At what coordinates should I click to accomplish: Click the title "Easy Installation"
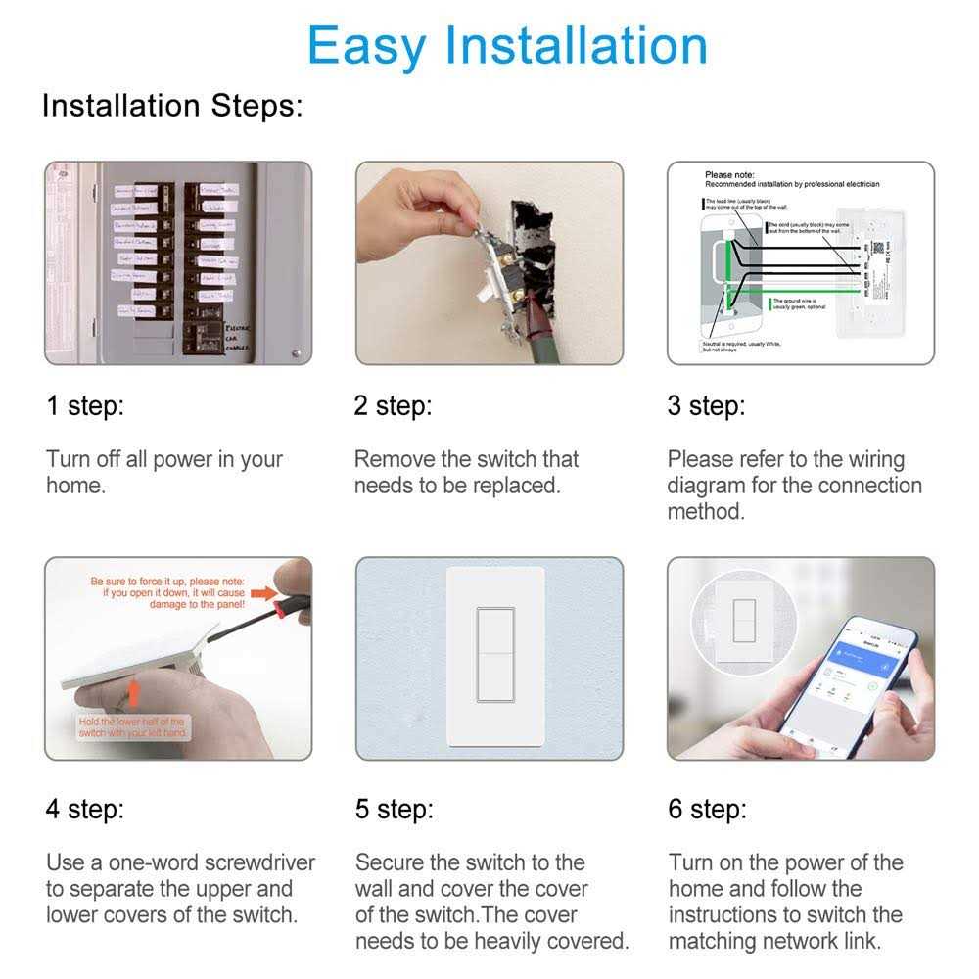(506, 45)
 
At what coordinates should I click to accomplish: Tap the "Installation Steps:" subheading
(172, 106)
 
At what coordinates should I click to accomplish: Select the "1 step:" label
(85, 405)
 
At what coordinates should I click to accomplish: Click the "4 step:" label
(85, 810)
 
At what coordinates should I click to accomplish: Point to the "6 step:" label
(707, 810)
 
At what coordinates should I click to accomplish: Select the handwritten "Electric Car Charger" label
(239, 337)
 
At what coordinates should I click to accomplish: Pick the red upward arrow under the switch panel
(135, 695)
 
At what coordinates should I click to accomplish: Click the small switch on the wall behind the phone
(741, 621)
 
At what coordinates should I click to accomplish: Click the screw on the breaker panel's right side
(295, 351)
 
